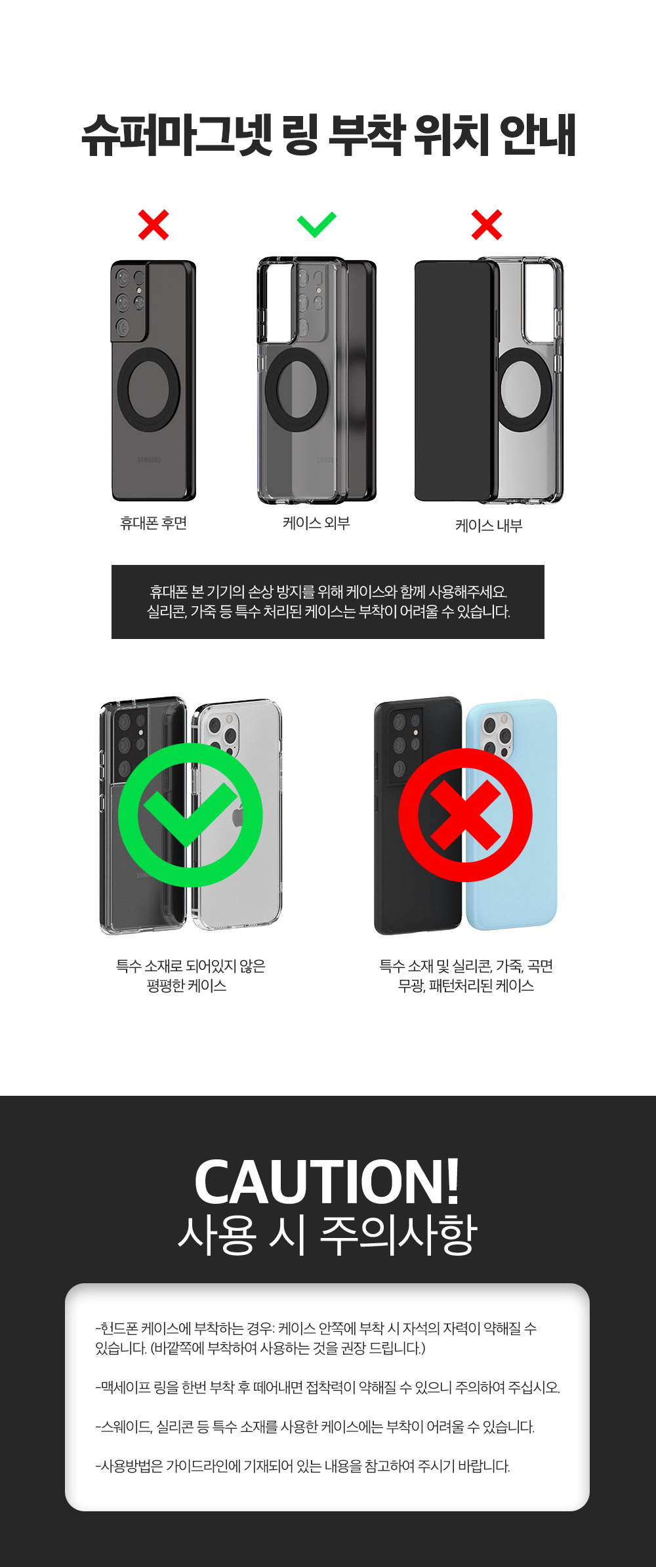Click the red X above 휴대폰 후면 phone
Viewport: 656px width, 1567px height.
click(x=154, y=225)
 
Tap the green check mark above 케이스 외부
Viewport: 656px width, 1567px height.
click(x=316, y=225)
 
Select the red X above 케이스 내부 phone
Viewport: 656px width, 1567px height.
click(x=487, y=225)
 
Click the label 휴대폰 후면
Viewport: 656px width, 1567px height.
click(x=154, y=523)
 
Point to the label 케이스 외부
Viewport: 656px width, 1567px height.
click(x=316, y=523)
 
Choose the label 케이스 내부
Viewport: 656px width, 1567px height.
click(x=489, y=526)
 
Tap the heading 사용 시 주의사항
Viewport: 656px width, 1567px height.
click(x=327, y=1235)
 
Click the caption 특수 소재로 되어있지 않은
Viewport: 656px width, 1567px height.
click(x=190, y=966)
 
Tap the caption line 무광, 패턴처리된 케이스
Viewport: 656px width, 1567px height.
click(x=466, y=986)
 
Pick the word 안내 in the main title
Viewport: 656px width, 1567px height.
click(x=537, y=135)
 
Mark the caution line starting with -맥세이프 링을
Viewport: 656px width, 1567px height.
click(x=327, y=1387)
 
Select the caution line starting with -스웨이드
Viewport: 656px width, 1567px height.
click(x=315, y=1427)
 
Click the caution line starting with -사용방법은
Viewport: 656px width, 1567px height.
click(x=302, y=1466)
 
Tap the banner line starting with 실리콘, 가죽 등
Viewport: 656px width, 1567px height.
click(x=328, y=612)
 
